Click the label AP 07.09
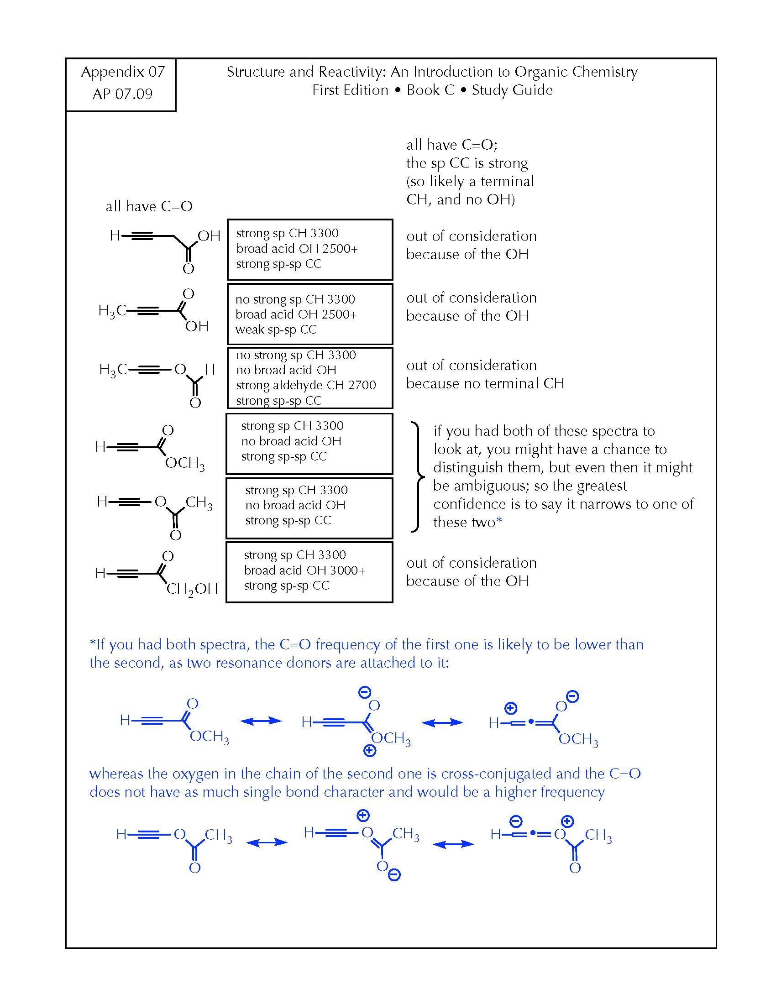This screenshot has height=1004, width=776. tap(122, 94)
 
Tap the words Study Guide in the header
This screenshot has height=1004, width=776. tap(512, 90)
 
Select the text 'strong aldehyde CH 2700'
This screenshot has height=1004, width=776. tap(306, 385)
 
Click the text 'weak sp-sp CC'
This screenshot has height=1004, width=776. tap(276, 329)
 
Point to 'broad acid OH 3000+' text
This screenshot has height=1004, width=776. tap(305, 570)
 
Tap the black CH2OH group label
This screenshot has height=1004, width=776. tap(192, 589)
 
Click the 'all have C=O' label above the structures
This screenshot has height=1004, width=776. tap(149, 206)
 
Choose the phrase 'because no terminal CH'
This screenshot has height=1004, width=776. tap(485, 383)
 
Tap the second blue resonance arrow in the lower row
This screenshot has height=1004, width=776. tap(453, 844)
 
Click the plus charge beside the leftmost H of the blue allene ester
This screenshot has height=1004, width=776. tap(510, 708)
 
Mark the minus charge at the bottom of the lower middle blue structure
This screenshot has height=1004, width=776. tap(394, 875)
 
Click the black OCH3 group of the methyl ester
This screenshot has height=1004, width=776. tap(185, 463)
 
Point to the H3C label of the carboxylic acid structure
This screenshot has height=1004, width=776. tap(112, 311)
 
